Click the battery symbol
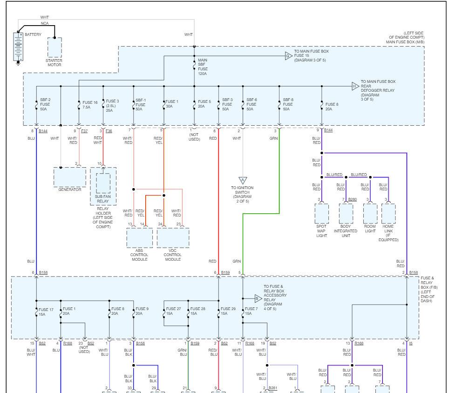click(x=18, y=47)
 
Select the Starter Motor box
click(x=54, y=48)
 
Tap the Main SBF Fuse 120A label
click(x=203, y=67)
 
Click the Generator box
click(x=70, y=177)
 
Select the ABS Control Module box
click(x=139, y=238)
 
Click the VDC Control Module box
click(x=173, y=238)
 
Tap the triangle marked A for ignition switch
click(x=243, y=180)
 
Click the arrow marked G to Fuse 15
click(x=288, y=56)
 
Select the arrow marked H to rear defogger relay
click(x=355, y=86)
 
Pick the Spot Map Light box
click(x=321, y=214)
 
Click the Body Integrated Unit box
click(x=346, y=214)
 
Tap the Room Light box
click(x=370, y=214)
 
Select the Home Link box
click(x=388, y=214)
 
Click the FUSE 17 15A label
click(x=46, y=312)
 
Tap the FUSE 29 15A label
click(x=228, y=312)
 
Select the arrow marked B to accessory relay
click(x=258, y=299)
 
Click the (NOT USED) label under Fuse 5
click(x=194, y=137)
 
